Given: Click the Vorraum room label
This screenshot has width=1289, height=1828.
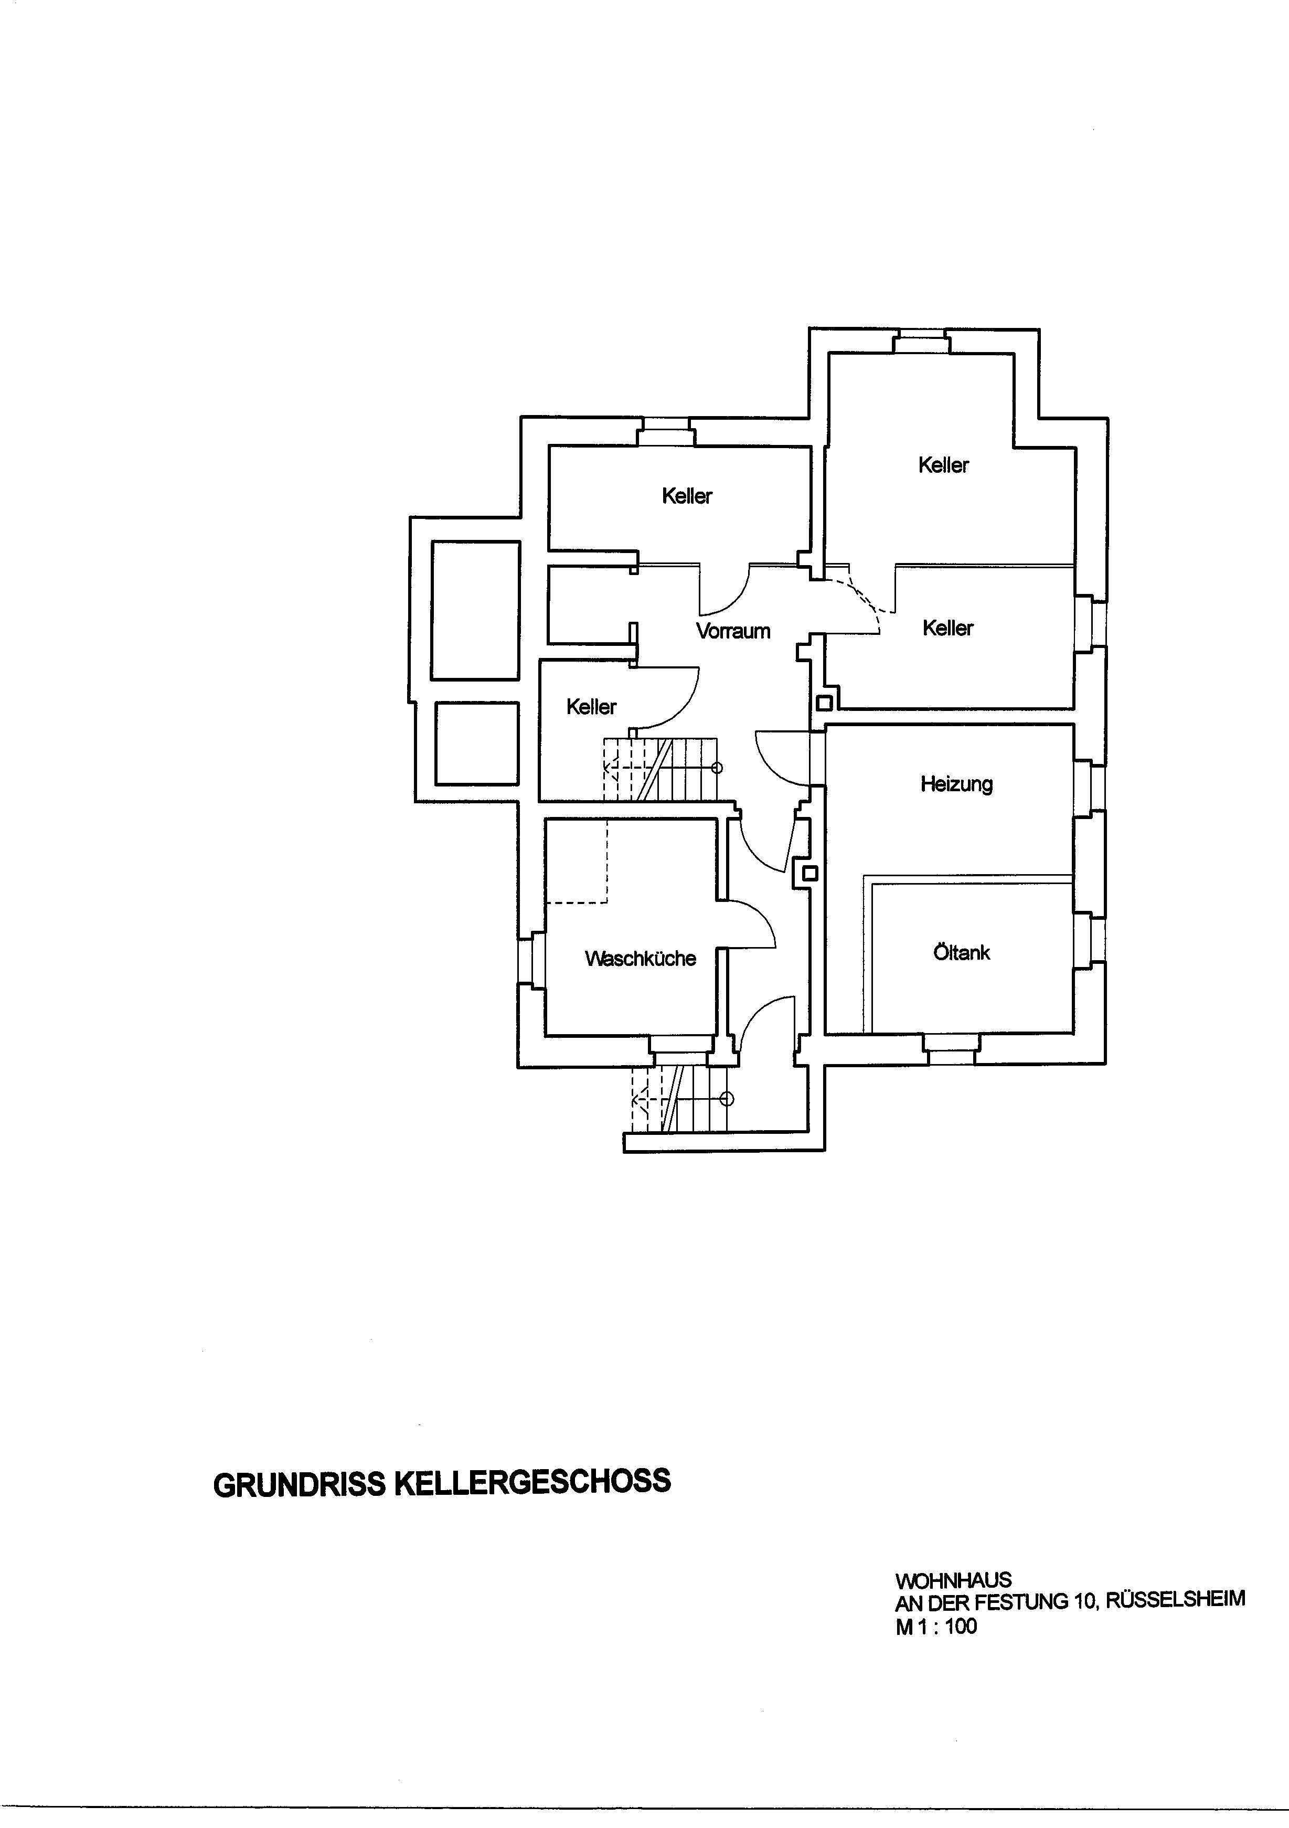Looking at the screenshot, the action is (x=733, y=631).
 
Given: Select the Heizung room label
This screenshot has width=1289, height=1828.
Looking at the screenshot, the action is (x=957, y=784).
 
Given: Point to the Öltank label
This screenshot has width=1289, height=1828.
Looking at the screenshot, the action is (x=962, y=952).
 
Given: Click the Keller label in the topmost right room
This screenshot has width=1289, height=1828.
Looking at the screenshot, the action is (x=943, y=465).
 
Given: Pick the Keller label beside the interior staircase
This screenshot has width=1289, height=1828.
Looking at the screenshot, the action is (x=592, y=707).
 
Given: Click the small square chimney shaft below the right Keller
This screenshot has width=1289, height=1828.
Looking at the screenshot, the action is (x=825, y=703).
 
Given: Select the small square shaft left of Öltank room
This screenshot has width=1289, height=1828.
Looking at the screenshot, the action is (x=809, y=874).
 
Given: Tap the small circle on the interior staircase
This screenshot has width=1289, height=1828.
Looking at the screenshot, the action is (x=717, y=768).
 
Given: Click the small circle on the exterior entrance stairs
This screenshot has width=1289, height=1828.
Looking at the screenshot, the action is (x=726, y=1100).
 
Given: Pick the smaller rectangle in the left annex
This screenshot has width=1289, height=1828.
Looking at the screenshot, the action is (x=477, y=743).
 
